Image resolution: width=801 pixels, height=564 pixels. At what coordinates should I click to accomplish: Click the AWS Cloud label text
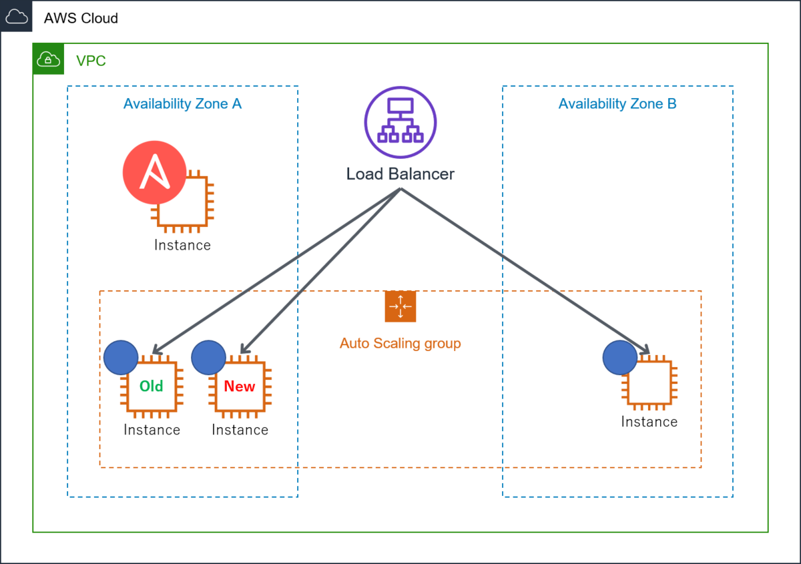(81, 18)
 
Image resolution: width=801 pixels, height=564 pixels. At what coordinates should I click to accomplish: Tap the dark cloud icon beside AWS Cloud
(16, 16)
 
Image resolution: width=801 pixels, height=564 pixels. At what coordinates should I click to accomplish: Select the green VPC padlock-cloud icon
(48, 59)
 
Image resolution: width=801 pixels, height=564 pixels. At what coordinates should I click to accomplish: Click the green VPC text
(91, 61)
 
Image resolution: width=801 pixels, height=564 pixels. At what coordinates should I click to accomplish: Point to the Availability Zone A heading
(182, 103)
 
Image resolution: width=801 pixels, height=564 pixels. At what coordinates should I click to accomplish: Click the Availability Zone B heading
(617, 103)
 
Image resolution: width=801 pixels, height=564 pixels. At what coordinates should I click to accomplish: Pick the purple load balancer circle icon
(400, 122)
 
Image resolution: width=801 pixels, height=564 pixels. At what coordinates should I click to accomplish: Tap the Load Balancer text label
(400, 174)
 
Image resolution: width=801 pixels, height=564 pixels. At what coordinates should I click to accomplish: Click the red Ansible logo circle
(154, 172)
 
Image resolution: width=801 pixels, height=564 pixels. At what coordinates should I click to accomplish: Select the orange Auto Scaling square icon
(400, 306)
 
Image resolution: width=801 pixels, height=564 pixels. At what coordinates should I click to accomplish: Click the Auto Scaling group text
(400, 343)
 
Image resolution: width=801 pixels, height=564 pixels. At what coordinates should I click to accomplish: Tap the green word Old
(152, 386)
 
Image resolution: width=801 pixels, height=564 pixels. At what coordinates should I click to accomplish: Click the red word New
(240, 386)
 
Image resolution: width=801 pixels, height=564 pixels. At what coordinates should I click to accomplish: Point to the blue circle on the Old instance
(121, 357)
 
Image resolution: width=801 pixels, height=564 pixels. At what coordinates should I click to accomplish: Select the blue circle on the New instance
(208, 357)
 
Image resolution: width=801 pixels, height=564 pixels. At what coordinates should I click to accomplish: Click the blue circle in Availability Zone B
(619, 357)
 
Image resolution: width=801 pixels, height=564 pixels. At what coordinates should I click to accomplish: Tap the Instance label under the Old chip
(152, 430)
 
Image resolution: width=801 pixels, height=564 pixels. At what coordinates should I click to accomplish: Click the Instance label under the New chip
(240, 430)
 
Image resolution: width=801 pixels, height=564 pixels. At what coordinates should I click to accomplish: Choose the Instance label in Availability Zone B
(649, 422)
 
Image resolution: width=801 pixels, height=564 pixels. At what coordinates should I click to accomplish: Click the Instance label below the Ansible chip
(182, 246)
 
